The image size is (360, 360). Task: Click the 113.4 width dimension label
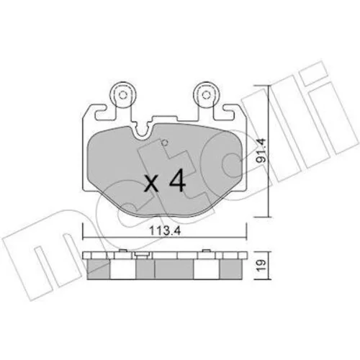pyautogui.click(x=165, y=231)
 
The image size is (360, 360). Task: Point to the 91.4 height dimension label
pyautogui.click(x=261, y=150)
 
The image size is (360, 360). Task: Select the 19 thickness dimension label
pyautogui.click(x=261, y=265)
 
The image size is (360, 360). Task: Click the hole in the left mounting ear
pyautogui.click(x=122, y=95)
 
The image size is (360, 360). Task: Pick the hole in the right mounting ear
pyautogui.click(x=206, y=95)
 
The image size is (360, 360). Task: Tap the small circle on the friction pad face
pyautogui.click(x=164, y=143)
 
